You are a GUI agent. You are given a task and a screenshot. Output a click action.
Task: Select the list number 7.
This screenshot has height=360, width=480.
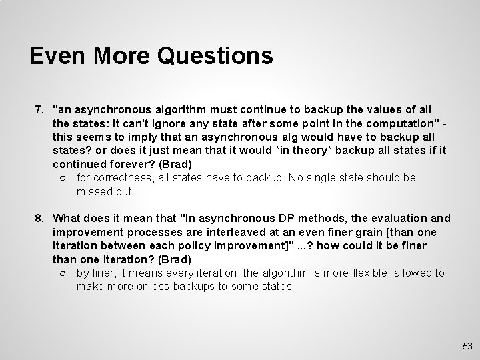pos(39,109)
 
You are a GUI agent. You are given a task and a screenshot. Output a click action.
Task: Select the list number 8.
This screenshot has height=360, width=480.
pos(39,218)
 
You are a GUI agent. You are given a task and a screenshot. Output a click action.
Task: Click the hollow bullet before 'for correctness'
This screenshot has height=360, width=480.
pos(61,178)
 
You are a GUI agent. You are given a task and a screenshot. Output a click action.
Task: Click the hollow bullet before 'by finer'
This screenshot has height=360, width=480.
pos(61,273)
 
